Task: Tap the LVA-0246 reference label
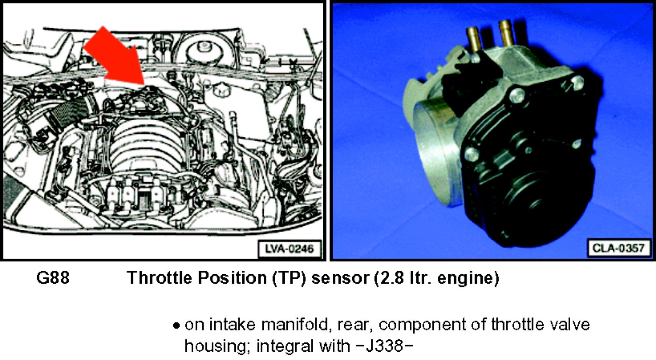pos(290,249)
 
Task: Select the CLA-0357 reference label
pos(618,248)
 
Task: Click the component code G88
pos(53,277)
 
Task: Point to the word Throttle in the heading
pos(160,277)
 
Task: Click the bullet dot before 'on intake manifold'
pos(176,326)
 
